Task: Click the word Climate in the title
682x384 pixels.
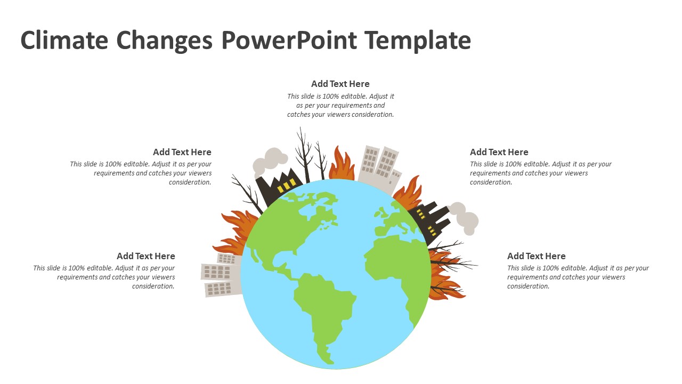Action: pos(64,41)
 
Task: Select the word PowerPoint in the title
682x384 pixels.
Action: pos(289,41)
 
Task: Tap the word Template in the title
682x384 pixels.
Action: pos(418,41)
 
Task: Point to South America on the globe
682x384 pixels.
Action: pos(323,309)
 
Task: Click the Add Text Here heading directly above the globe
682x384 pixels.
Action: pos(340,84)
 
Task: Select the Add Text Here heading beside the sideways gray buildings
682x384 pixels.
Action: pos(145,256)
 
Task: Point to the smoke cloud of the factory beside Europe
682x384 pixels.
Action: pos(465,218)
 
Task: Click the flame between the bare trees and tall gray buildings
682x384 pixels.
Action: pos(342,165)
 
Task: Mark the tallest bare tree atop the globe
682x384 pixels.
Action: pos(304,155)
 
